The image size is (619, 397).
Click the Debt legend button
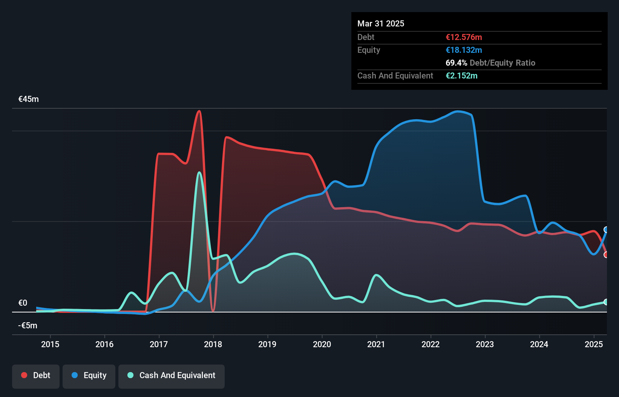pos(36,376)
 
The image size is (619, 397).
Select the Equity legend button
pos(89,376)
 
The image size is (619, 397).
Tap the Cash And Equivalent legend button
pos(172,376)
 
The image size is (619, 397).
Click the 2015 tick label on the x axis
pos(50,344)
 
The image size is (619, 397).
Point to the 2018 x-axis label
pos(213,344)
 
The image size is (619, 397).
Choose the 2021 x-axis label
pos(376,344)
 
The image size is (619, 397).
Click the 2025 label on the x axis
pos(594,344)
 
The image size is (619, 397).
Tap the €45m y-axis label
pos(29,99)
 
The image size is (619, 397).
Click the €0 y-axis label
pos(23,303)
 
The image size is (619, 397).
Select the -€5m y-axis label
pos(28,326)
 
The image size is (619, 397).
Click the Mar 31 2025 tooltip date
pos(381,24)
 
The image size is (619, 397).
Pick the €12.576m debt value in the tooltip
pos(464,37)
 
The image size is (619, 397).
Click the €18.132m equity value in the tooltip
pos(464,50)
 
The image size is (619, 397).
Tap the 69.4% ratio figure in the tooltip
pos(456,63)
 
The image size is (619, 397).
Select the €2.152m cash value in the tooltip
pos(461,76)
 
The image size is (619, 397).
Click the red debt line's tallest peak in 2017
pos(199,111)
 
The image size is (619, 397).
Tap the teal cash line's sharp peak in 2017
pos(199,173)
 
